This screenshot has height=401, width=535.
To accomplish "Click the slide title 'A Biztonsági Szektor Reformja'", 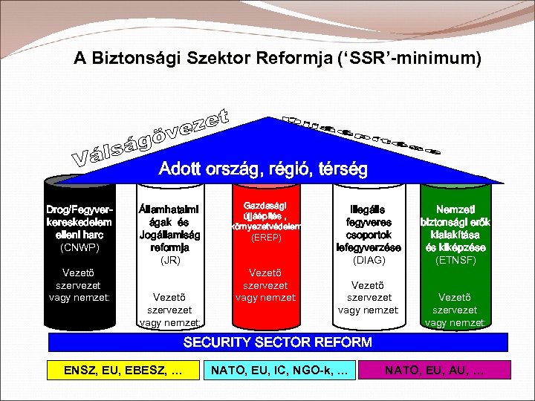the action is (277, 57).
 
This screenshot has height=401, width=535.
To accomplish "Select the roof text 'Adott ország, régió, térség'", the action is (263, 169).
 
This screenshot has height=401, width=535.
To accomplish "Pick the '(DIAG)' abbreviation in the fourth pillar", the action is (369, 260).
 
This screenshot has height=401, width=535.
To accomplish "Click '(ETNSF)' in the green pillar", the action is (455, 260).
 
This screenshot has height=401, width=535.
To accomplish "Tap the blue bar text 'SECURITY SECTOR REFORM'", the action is (277, 342).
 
